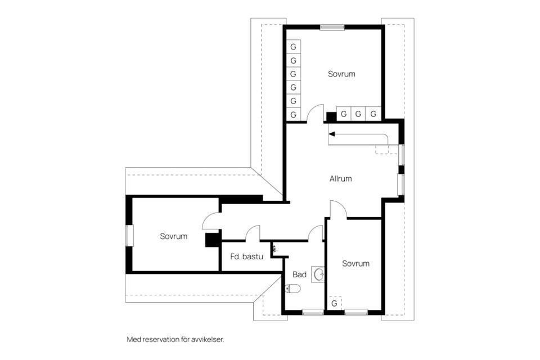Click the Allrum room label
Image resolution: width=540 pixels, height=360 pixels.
[x=341, y=178]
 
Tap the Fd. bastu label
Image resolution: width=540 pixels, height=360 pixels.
[x=246, y=256]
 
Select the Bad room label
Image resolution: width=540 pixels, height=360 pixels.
[x=299, y=274]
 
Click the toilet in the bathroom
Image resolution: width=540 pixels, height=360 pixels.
[x=292, y=289]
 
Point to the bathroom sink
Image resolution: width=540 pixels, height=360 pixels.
[x=318, y=274]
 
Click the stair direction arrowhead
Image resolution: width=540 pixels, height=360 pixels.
[x=332, y=134]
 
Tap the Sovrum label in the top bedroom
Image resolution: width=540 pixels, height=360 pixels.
[x=341, y=74]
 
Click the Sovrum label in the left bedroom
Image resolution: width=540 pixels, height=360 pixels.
[x=174, y=236]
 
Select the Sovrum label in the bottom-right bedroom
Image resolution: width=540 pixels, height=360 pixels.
[x=355, y=264]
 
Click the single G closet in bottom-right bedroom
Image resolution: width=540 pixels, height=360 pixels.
[x=334, y=304]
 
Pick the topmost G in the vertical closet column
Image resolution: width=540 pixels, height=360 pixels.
[x=294, y=47]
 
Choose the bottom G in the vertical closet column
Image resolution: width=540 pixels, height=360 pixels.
[x=294, y=114]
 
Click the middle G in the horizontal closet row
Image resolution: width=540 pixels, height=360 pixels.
[x=358, y=114]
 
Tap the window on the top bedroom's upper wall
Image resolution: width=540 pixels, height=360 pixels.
[x=332, y=28]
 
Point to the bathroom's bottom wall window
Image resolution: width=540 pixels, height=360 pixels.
[x=313, y=312]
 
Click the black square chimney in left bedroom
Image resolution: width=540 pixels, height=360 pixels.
[x=213, y=240]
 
